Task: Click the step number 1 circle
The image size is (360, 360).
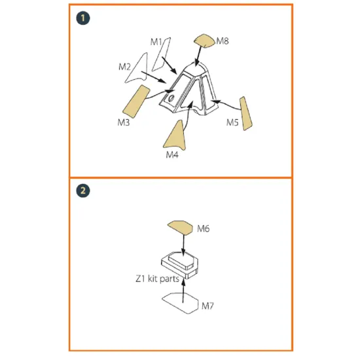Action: point(83,18)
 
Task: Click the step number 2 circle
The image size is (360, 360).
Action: point(83,190)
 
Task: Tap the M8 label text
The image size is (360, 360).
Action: point(223,41)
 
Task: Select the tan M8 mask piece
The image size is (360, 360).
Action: point(205,41)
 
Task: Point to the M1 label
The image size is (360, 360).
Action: point(156,42)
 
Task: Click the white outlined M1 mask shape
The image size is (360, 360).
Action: point(162,54)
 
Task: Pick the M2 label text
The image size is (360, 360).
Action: point(124,67)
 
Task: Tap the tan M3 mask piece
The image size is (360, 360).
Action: point(136,101)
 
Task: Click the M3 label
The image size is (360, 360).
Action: point(124,122)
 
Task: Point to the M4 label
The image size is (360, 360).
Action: point(172,154)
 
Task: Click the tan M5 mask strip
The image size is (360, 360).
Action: point(245,114)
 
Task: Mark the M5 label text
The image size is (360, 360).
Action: point(232,122)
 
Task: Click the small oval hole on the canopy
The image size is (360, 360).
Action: point(171,98)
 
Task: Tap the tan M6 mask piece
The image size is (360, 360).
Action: point(180,228)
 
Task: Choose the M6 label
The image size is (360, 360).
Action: point(203,228)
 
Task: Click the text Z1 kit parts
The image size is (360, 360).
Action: point(157,279)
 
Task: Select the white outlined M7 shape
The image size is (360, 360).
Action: point(180,303)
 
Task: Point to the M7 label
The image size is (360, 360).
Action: point(207,306)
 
